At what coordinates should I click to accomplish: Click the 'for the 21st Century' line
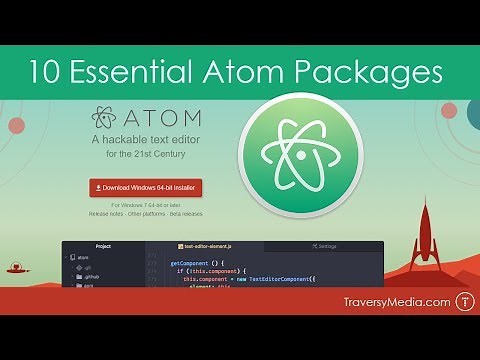[145, 155]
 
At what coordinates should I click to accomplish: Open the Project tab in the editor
[102, 245]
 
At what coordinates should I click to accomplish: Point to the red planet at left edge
[15, 126]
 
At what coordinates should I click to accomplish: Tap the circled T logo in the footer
[463, 300]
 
